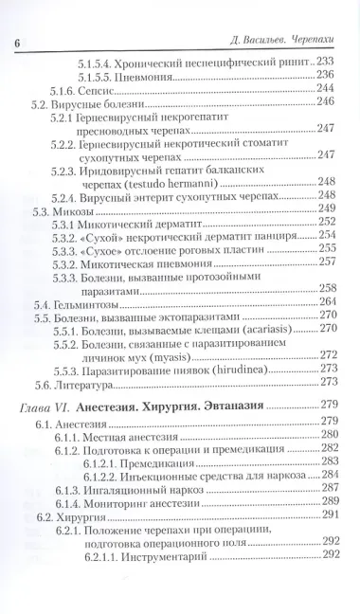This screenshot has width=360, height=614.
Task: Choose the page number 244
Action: (x=327, y=88)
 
